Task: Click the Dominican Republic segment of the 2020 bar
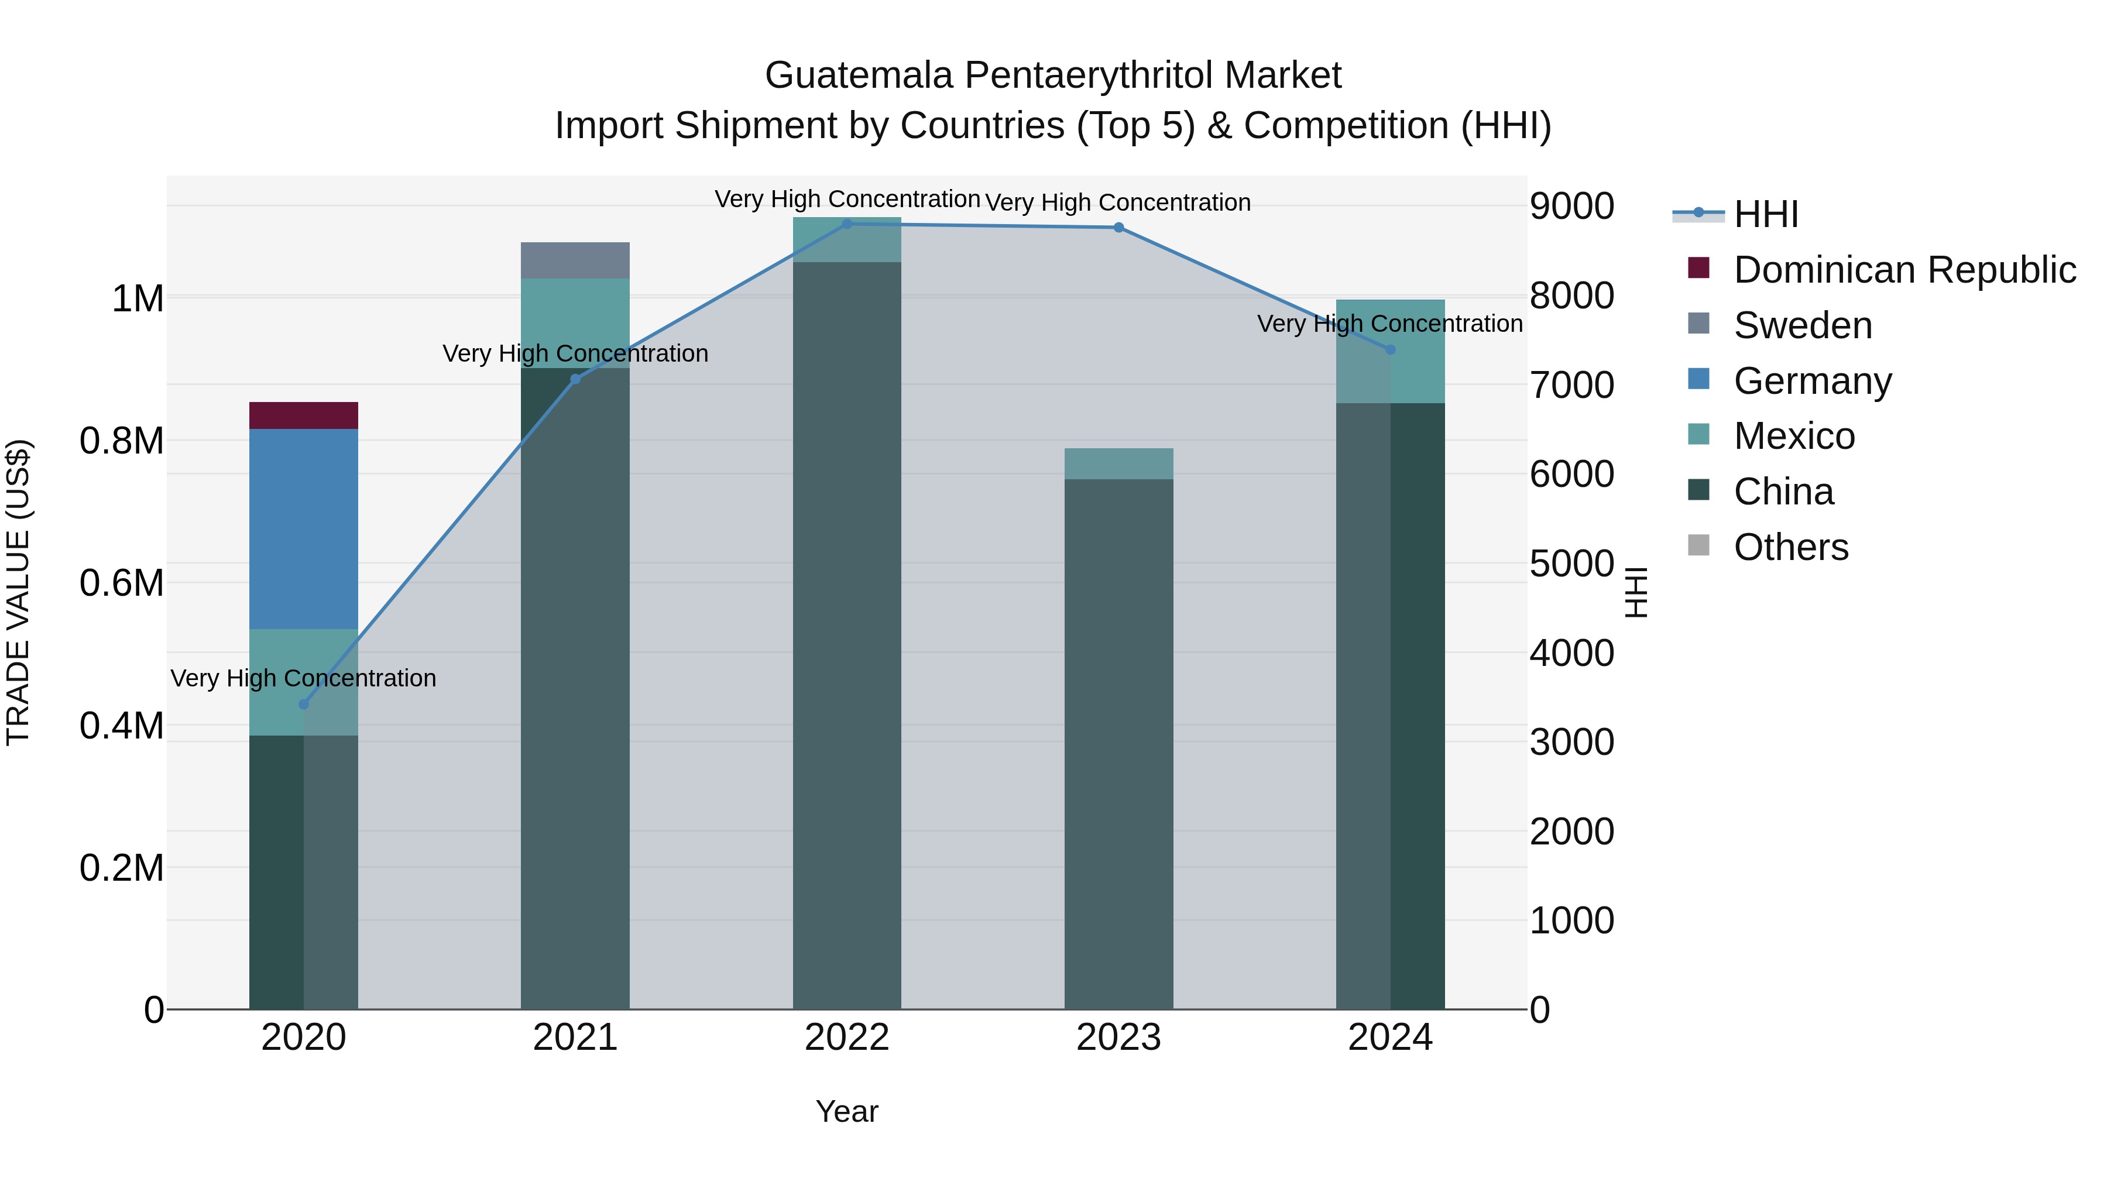pyautogui.click(x=303, y=415)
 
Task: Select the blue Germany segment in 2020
pyautogui.click(x=303, y=528)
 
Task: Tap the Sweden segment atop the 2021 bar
pyautogui.click(x=575, y=260)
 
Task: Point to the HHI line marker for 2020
pyautogui.click(x=303, y=704)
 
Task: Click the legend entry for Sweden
pyautogui.click(x=1802, y=325)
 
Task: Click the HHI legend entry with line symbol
pyautogui.click(x=1765, y=214)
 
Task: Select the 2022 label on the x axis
pyautogui.click(x=846, y=1038)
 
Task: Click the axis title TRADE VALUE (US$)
pyautogui.click(x=18, y=592)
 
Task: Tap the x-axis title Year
pyautogui.click(x=846, y=1111)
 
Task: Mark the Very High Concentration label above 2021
pyautogui.click(x=575, y=353)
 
